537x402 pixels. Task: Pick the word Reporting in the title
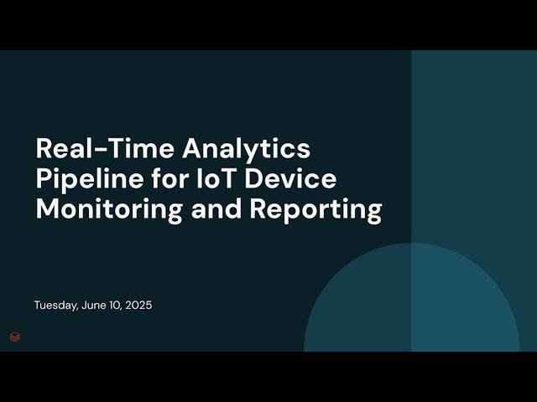click(x=315, y=209)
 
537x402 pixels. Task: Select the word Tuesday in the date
click(x=55, y=306)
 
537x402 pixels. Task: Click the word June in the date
click(x=96, y=306)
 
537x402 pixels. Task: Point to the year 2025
click(x=138, y=306)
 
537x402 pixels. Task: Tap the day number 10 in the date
click(x=117, y=306)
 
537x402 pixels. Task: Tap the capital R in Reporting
click(x=258, y=209)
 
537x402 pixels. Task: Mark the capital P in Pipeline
click(x=44, y=179)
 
